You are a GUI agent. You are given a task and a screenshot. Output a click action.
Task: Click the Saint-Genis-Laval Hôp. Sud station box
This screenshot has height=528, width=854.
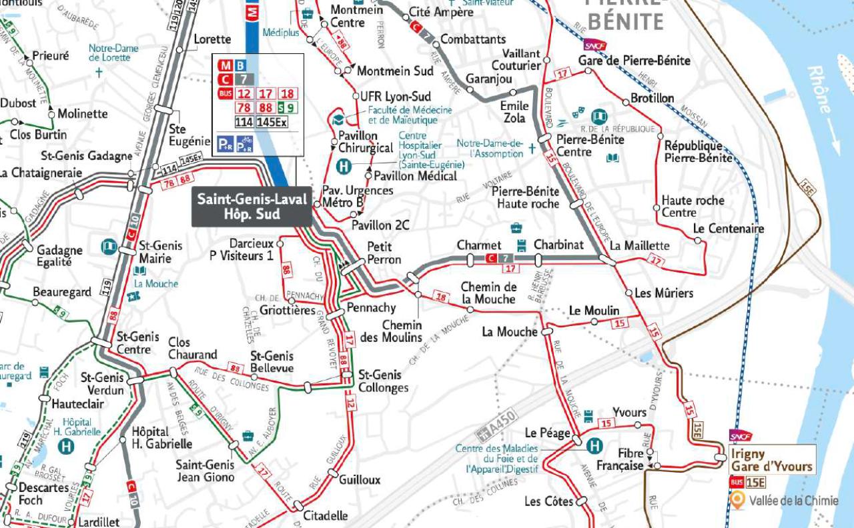252,207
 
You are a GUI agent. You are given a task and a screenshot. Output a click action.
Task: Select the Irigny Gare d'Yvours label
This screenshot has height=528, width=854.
772,460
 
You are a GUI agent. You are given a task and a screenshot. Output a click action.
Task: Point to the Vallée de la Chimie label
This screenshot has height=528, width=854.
793,501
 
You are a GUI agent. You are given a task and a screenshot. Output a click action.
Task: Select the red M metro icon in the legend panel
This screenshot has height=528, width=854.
224,65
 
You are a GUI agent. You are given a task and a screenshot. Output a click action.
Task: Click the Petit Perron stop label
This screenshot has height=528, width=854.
384,253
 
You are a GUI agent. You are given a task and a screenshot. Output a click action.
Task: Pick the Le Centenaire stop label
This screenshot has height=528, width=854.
728,229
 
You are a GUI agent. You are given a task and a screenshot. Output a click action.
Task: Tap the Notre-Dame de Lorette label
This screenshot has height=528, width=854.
113,53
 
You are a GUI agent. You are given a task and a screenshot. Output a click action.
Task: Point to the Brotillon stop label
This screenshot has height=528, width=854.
653,98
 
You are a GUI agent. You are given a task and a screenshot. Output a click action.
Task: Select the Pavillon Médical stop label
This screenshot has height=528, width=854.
415,176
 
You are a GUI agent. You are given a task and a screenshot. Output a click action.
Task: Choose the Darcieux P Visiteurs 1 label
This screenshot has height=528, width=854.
242,249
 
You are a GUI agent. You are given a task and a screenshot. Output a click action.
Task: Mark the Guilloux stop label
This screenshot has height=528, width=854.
359,480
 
